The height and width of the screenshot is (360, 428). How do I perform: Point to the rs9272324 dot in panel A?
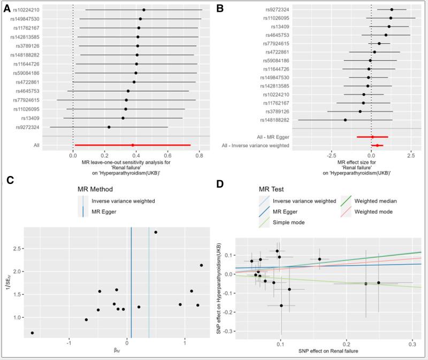[x=109, y=127]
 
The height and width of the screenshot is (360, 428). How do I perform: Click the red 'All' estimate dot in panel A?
[x=133, y=145]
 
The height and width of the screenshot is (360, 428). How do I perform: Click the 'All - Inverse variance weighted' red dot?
[x=377, y=145]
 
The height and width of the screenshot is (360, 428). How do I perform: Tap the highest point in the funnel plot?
[x=156, y=232]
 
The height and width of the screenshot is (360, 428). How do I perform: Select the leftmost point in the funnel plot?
[x=32, y=333]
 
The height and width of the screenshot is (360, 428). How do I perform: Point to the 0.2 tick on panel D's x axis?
[x=346, y=347]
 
